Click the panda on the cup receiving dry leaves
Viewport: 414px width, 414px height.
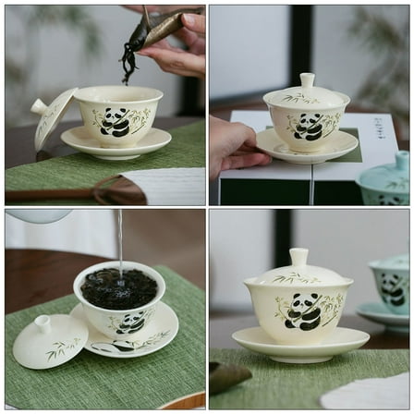pos(115,122)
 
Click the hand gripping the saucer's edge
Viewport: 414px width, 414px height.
pos(235,148)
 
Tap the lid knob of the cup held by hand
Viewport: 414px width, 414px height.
pos(307,81)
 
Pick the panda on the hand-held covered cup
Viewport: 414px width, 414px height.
pos(308,127)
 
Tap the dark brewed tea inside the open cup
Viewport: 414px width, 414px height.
pos(118,289)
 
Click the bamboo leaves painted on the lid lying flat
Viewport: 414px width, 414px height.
pos(63,348)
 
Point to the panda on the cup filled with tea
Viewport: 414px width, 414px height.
pos(130,322)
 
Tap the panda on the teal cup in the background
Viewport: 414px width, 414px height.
pos(393,288)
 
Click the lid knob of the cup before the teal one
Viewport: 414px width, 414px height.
pos(298,257)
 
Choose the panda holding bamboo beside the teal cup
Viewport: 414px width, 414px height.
pos(303,311)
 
